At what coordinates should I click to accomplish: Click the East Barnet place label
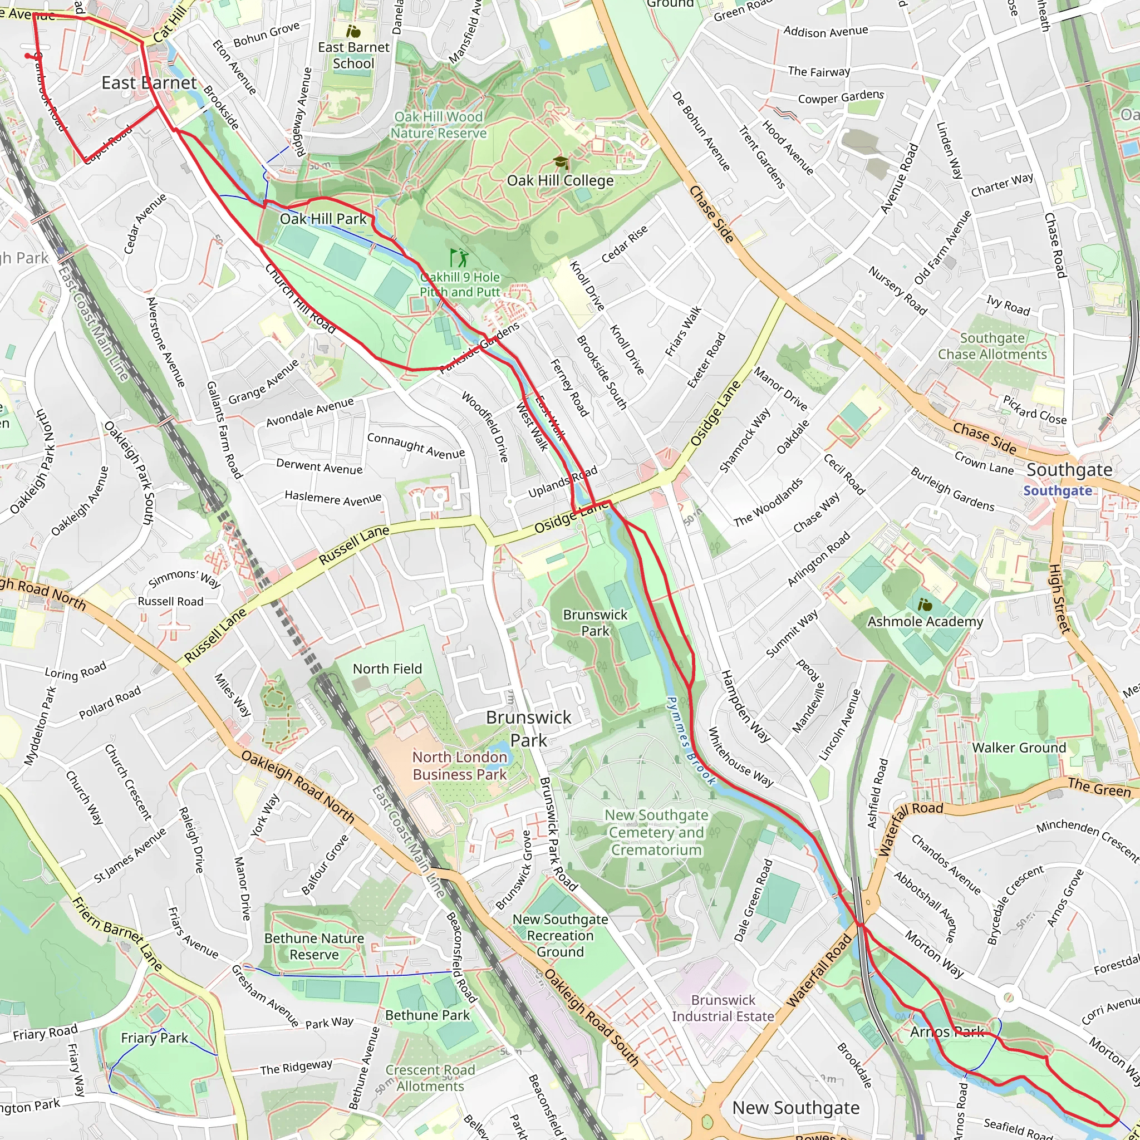coord(149,83)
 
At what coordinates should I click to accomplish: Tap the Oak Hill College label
coord(560,180)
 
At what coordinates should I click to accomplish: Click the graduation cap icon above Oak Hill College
coord(560,163)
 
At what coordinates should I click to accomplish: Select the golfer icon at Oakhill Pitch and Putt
coord(459,258)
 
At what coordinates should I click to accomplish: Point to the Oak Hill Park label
coord(323,219)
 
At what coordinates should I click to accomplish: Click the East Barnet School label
coord(353,55)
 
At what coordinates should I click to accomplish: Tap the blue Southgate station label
coord(1058,491)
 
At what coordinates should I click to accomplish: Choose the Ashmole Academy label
coord(925,621)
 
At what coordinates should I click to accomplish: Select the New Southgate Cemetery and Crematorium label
coord(656,832)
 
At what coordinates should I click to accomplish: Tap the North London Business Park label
coord(459,765)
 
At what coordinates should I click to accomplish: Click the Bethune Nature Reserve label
coord(314,946)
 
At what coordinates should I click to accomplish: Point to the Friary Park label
coord(154,1038)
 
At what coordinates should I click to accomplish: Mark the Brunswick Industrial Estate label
coord(723,1008)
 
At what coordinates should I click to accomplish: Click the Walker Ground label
coord(1019,748)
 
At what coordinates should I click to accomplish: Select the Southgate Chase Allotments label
coord(992,346)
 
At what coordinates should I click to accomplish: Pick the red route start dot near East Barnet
coord(27,56)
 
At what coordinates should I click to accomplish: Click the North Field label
coord(387,669)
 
